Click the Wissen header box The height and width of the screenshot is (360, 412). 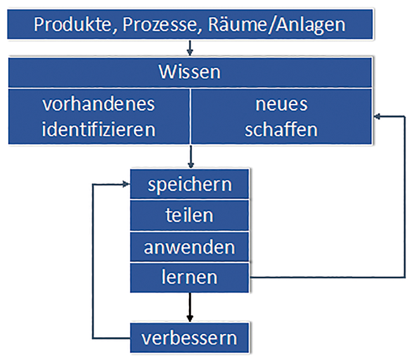tap(190, 72)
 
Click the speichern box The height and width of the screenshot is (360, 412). tap(190, 184)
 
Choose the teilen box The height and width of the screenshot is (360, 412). tap(190, 215)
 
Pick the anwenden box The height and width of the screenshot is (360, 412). tap(190, 247)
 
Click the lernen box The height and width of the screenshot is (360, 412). tap(190, 277)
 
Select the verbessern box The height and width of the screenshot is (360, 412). tap(190, 337)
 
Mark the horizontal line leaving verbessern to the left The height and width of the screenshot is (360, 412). tap(111, 337)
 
